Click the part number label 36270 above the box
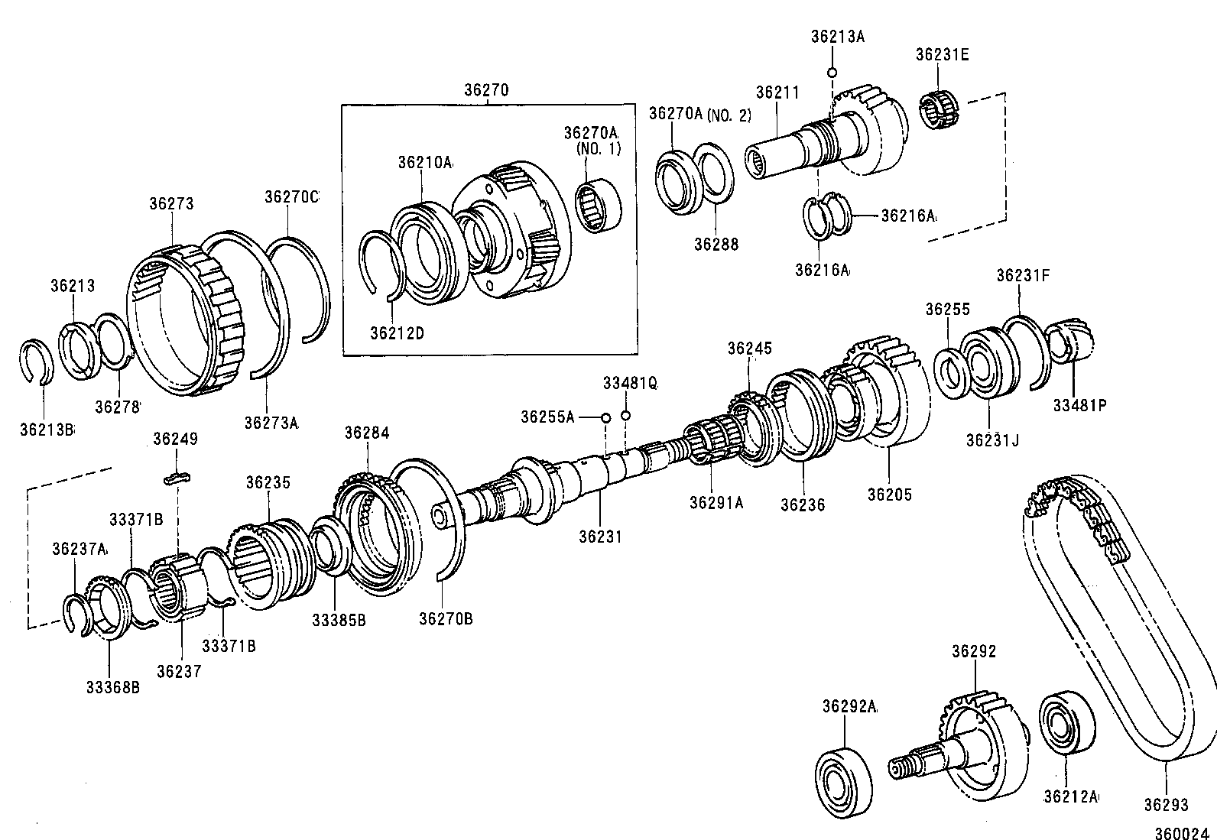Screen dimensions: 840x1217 tap(485, 90)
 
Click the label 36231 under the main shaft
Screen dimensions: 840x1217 tap(600, 537)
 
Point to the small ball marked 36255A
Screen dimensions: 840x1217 tap(605, 417)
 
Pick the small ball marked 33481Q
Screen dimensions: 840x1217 tap(626, 416)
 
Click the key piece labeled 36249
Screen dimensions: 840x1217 tap(177, 478)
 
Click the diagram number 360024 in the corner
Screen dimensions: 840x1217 tap(1180, 832)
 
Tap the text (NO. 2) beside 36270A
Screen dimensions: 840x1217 tap(729, 115)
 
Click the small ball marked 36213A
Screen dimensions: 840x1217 tap(832, 72)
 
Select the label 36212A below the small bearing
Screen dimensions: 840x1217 tap(1070, 796)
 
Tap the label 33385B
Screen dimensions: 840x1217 tap(338, 621)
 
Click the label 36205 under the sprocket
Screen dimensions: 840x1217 tap(889, 495)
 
